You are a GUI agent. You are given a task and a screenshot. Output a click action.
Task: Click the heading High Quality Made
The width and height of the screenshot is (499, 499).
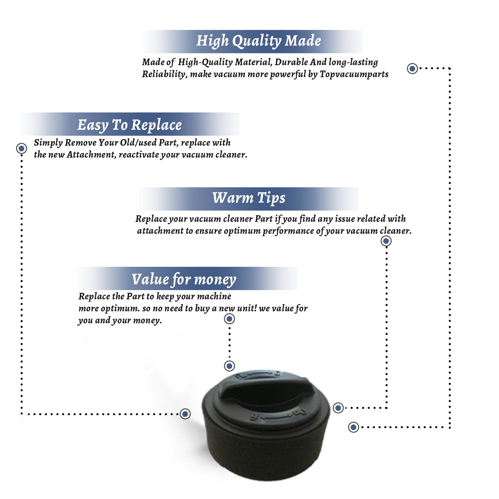pyautogui.click(x=258, y=41)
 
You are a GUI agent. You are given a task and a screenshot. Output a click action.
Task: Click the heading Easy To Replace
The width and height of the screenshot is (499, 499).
pyautogui.click(x=129, y=125)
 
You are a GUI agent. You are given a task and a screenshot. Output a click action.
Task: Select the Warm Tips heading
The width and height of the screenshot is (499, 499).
pyautogui.click(x=249, y=198)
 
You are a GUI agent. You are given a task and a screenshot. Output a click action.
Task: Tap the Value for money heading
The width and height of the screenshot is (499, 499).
pyautogui.click(x=184, y=279)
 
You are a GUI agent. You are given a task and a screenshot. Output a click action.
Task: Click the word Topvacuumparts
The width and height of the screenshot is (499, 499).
pyautogui.click(x=354, y=74)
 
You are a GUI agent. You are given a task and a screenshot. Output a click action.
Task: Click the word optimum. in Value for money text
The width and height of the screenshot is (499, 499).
pyautogui.click(x=120, y=308)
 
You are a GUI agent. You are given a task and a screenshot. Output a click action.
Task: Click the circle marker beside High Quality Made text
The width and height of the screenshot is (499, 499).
pyautogui.click(x=413, y=69)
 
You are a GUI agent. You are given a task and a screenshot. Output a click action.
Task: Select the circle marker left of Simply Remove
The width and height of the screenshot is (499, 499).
pyautogui.click(x=22, y=148)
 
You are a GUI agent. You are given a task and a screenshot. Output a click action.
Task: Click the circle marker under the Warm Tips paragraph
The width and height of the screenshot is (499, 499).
pyautogui.click(x=386, y=241)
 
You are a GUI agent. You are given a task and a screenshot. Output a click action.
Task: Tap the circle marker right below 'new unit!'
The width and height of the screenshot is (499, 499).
pyautogui.click(x=229, y=319)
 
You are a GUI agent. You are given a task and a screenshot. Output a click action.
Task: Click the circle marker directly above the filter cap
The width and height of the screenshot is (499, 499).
pyautogui.click(x=229, y=366)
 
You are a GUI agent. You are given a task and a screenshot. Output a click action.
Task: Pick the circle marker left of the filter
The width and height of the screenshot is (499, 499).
pyautogui.click(x=185, y=414)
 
